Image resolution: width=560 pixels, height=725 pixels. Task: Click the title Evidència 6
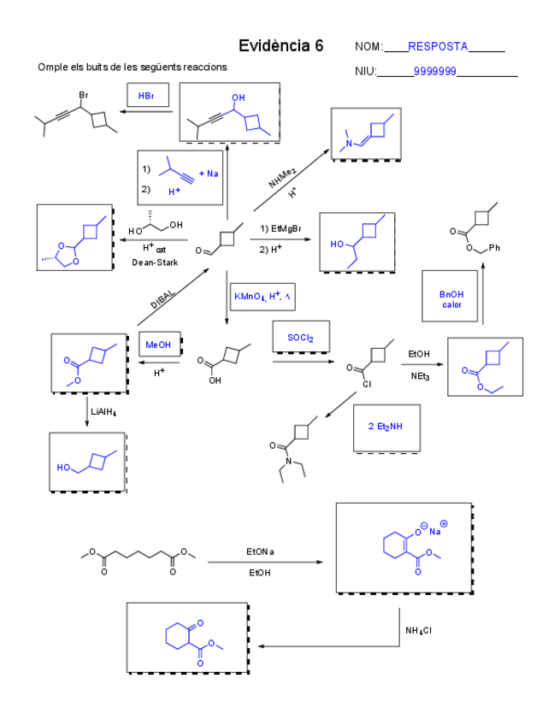[281, 46]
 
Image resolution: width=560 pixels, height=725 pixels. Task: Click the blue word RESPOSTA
[438, 46]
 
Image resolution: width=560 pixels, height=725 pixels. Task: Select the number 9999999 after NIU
[434, 71]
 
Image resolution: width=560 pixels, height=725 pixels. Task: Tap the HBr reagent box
[146, 97]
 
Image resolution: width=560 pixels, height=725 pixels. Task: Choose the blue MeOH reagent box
[158, 345]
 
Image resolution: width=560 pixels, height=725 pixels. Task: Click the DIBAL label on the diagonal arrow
[162, 298]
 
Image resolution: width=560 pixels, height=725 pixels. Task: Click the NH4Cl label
[419, 631]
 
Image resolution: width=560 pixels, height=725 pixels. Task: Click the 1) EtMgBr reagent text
[281, 230]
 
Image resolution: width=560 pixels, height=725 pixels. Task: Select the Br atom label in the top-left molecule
[83, 93]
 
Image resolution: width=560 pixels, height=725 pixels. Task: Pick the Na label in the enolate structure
[434, 531]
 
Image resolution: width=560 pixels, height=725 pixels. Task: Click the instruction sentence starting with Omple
[132, 68]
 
